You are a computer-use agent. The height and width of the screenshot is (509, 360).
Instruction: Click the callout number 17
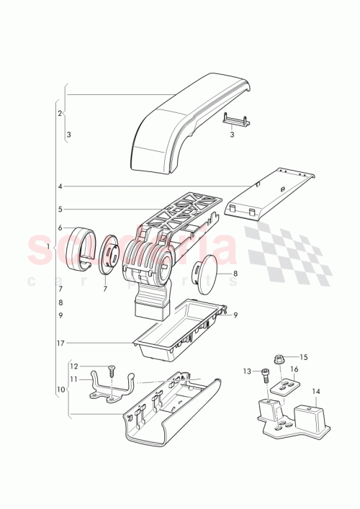[x=61, y=343]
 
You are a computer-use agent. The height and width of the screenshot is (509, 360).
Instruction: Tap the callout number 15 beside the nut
[x=303, y=357]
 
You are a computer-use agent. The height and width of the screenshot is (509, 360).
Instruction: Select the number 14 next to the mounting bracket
[x=315, y=392]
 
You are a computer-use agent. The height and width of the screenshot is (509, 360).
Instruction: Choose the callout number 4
[x=60, y=186]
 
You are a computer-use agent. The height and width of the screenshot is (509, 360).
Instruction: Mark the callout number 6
[x=60, y=228]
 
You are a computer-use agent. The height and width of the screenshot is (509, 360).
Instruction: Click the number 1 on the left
[x=48, y=247]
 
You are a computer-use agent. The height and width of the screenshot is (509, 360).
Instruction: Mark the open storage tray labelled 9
[x=180, y=328]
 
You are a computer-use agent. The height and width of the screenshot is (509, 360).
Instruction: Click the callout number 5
[x=60, y=210]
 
